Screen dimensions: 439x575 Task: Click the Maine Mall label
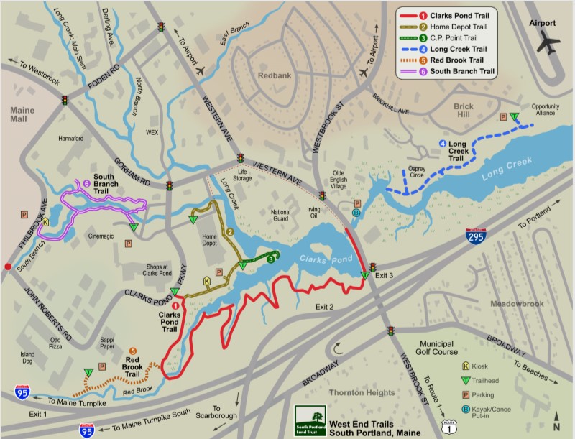(x=21, y=117)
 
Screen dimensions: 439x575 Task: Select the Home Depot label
(x=209, y=240)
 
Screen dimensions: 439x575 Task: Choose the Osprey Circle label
(x=417, y=173)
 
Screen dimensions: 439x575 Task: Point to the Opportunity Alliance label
(x=545, y=110)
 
